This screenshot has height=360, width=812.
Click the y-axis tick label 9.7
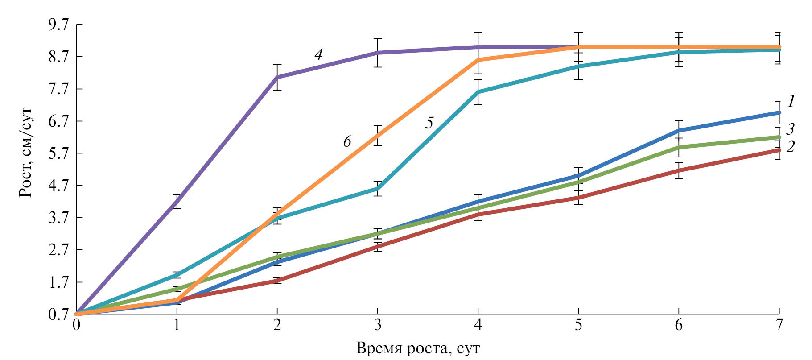[59, 25]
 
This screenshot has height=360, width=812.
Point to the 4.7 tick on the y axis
[59, 186]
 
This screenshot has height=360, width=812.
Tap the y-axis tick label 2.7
[59, 250]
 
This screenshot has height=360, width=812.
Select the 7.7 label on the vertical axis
[59, 89]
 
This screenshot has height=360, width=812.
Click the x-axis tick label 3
[378, 325]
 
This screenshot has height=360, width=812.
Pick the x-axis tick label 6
[679, 325]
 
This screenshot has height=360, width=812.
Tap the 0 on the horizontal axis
[76, 325]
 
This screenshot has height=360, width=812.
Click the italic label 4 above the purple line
[318, 55]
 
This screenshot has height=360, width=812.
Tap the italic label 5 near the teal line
[429, 123]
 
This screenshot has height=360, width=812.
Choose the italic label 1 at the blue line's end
[791, 102]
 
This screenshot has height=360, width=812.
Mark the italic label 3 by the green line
[790, 130]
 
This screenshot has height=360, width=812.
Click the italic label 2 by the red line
[790, 147]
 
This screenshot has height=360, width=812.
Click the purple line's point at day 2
[277, 77]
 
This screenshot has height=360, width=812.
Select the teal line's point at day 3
[378, 189]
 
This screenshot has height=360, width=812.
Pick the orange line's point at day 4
[478, 59]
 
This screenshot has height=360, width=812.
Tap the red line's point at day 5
[578, 198]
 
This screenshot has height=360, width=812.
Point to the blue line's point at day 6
[679, 130]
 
